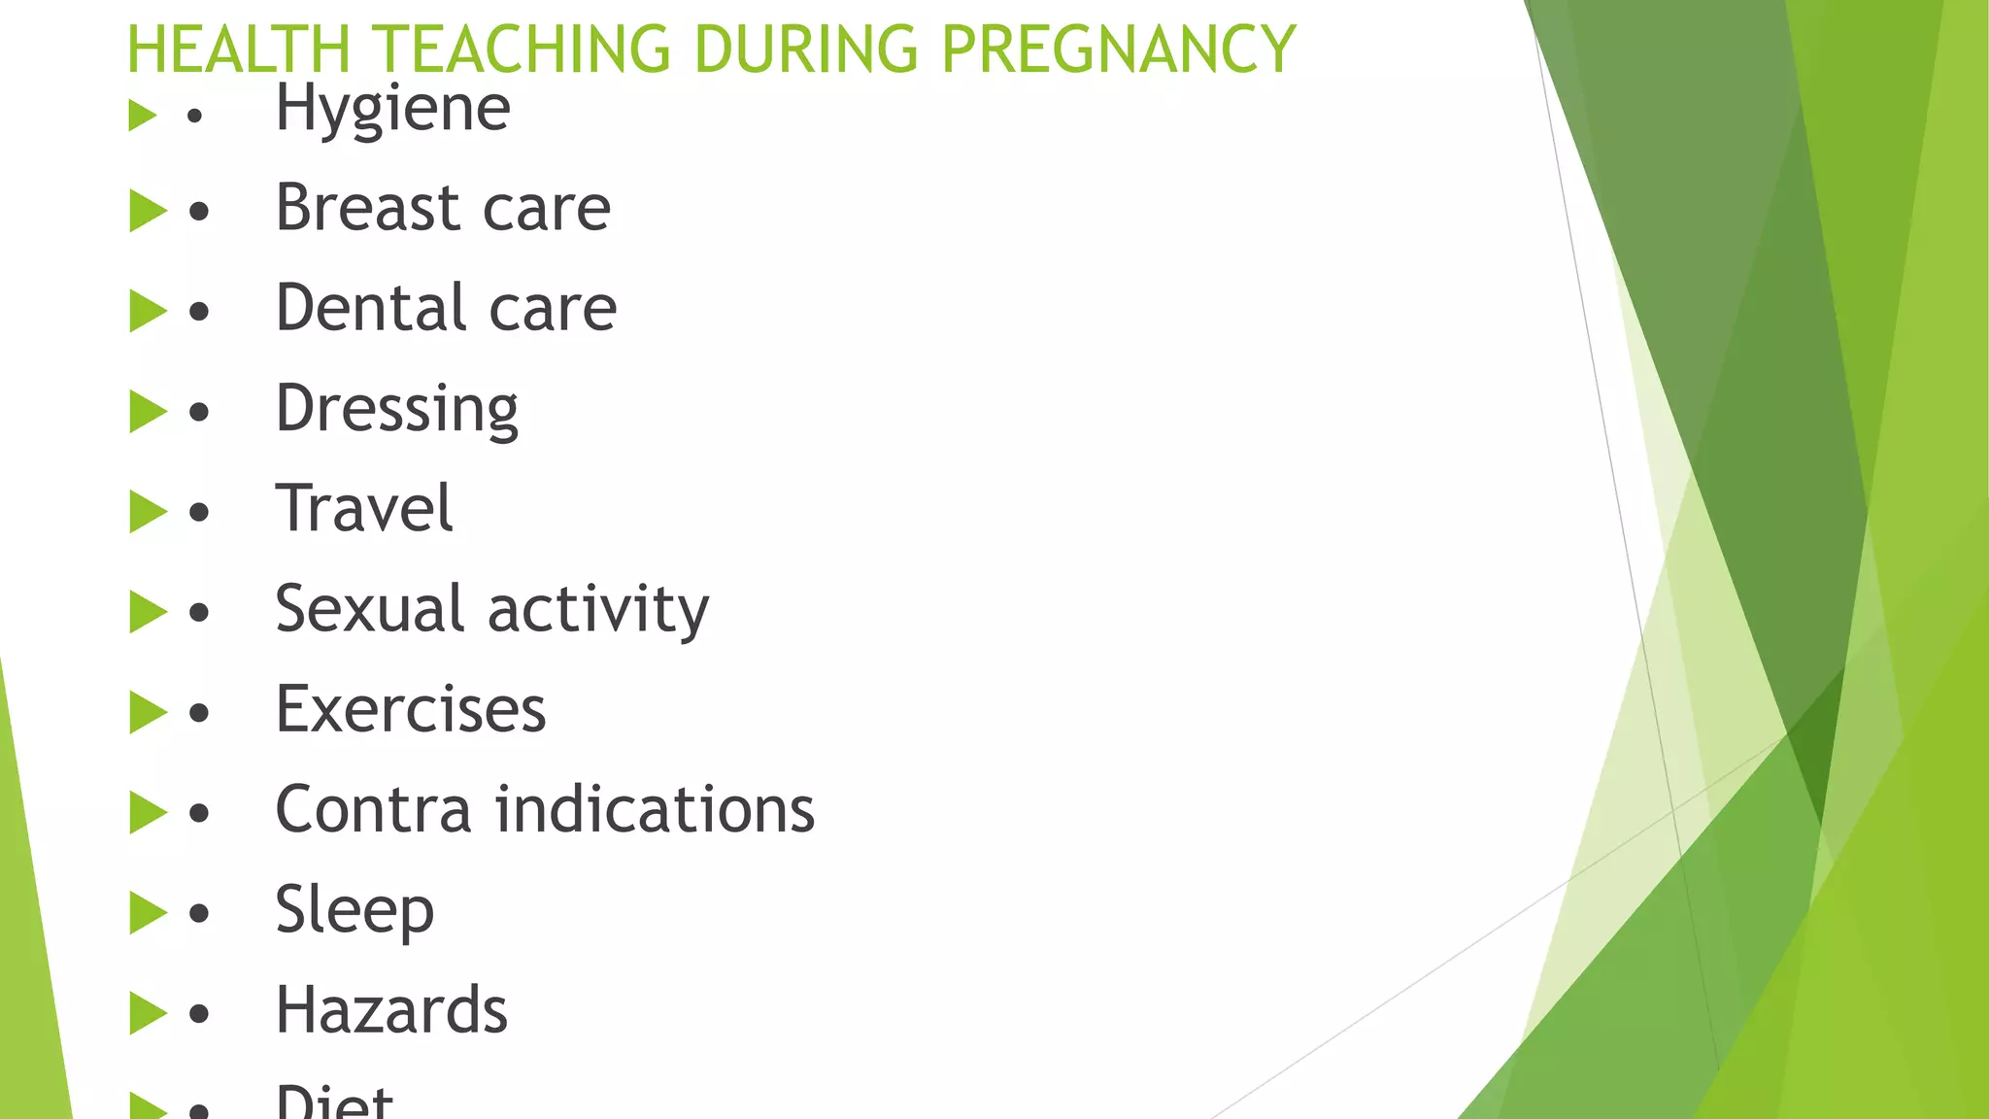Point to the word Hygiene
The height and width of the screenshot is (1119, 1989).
coord(392,109)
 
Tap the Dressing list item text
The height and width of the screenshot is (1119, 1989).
coord(396,409)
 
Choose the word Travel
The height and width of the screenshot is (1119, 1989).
coord(364,508)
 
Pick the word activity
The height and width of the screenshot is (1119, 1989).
coord(598,611)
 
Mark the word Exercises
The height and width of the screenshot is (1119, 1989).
coord(411,709)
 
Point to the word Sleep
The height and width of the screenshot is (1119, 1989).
coord(354,911)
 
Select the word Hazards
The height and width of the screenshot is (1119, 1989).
coord(391,1010)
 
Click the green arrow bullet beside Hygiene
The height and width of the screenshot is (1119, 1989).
coord(143,116)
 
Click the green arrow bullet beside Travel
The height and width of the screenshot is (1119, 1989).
coord(148,511)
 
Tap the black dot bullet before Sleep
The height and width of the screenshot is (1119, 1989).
coord(199,914)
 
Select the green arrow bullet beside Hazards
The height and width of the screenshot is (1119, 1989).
coord(148,1013)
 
